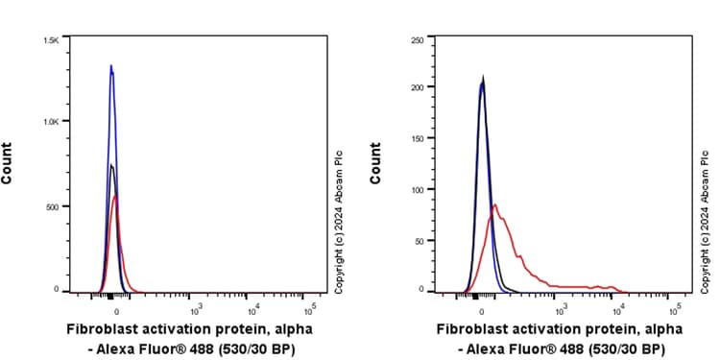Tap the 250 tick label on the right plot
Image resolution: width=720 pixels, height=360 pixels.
417,40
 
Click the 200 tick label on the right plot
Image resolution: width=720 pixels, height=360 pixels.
417,87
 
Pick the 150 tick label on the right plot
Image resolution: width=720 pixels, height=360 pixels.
417,140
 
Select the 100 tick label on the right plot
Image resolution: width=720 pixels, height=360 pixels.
417,190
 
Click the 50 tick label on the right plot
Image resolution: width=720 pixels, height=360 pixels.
419,240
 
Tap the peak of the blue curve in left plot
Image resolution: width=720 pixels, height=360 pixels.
111,66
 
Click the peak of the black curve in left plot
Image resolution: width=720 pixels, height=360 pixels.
111,165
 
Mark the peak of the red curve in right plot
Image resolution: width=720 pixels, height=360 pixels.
494,204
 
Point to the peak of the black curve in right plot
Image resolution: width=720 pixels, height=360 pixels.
483,81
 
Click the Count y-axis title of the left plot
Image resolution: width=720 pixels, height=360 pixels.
8,163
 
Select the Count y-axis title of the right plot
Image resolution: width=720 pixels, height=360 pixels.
375,163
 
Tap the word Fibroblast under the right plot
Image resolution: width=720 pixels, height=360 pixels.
472,328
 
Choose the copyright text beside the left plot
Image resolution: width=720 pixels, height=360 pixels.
338,220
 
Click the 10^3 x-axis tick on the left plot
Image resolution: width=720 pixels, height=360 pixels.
195,309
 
